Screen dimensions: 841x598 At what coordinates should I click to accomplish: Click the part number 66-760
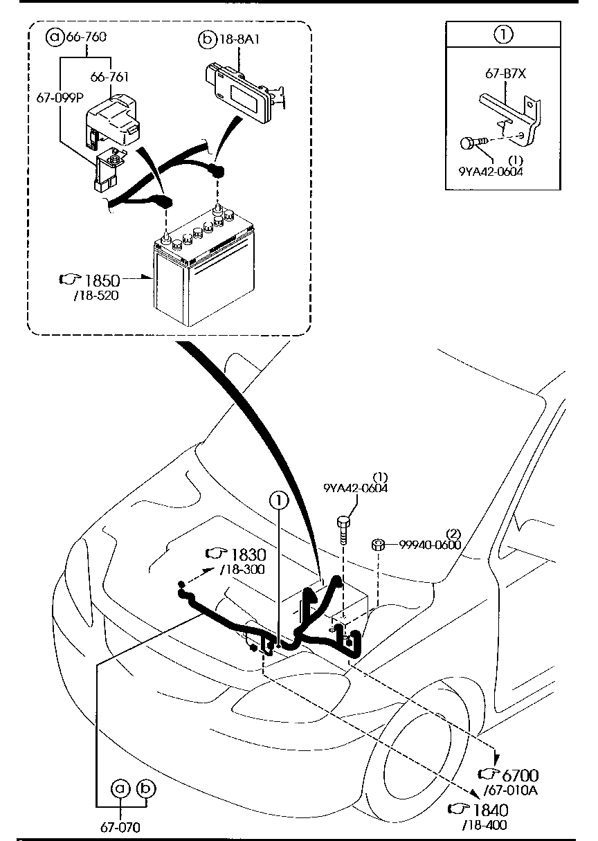coord(86,37)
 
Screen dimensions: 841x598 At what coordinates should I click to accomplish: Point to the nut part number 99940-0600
coord(430,545)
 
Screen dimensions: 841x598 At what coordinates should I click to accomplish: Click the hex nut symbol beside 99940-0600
coord(379,544)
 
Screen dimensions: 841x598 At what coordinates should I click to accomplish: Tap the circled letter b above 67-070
coord(147,788)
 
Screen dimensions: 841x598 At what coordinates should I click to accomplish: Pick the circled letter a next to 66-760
coord(54,37)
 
